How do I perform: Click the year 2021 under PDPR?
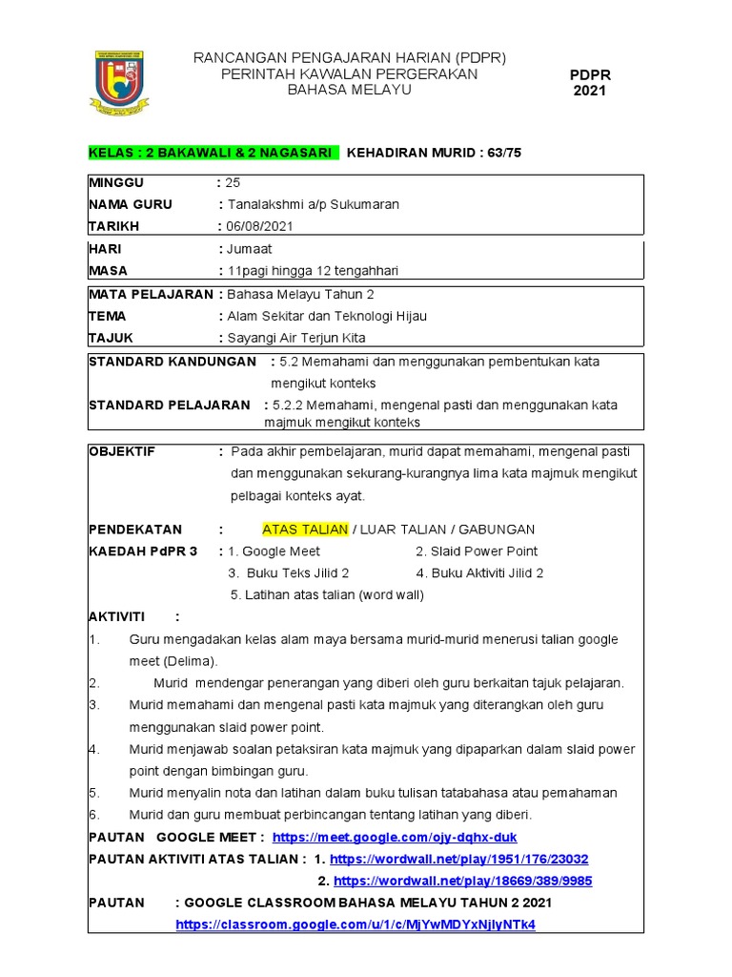[589, 91]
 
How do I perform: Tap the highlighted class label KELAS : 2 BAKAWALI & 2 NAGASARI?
[212, 152]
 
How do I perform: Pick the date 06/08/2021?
[259, 226]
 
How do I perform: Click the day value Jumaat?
[249, 249]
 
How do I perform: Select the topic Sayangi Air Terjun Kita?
[295, 338]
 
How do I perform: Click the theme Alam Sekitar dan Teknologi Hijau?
[326, 316]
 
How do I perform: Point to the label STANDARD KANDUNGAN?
[173, 362]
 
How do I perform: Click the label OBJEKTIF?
[122, 451]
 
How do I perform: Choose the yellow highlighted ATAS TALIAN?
[294, 530]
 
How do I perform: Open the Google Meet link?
[395, 837]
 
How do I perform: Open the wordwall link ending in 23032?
[458, 859]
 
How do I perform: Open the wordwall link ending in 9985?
[462, 881]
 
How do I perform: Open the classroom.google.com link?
[356, 925]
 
